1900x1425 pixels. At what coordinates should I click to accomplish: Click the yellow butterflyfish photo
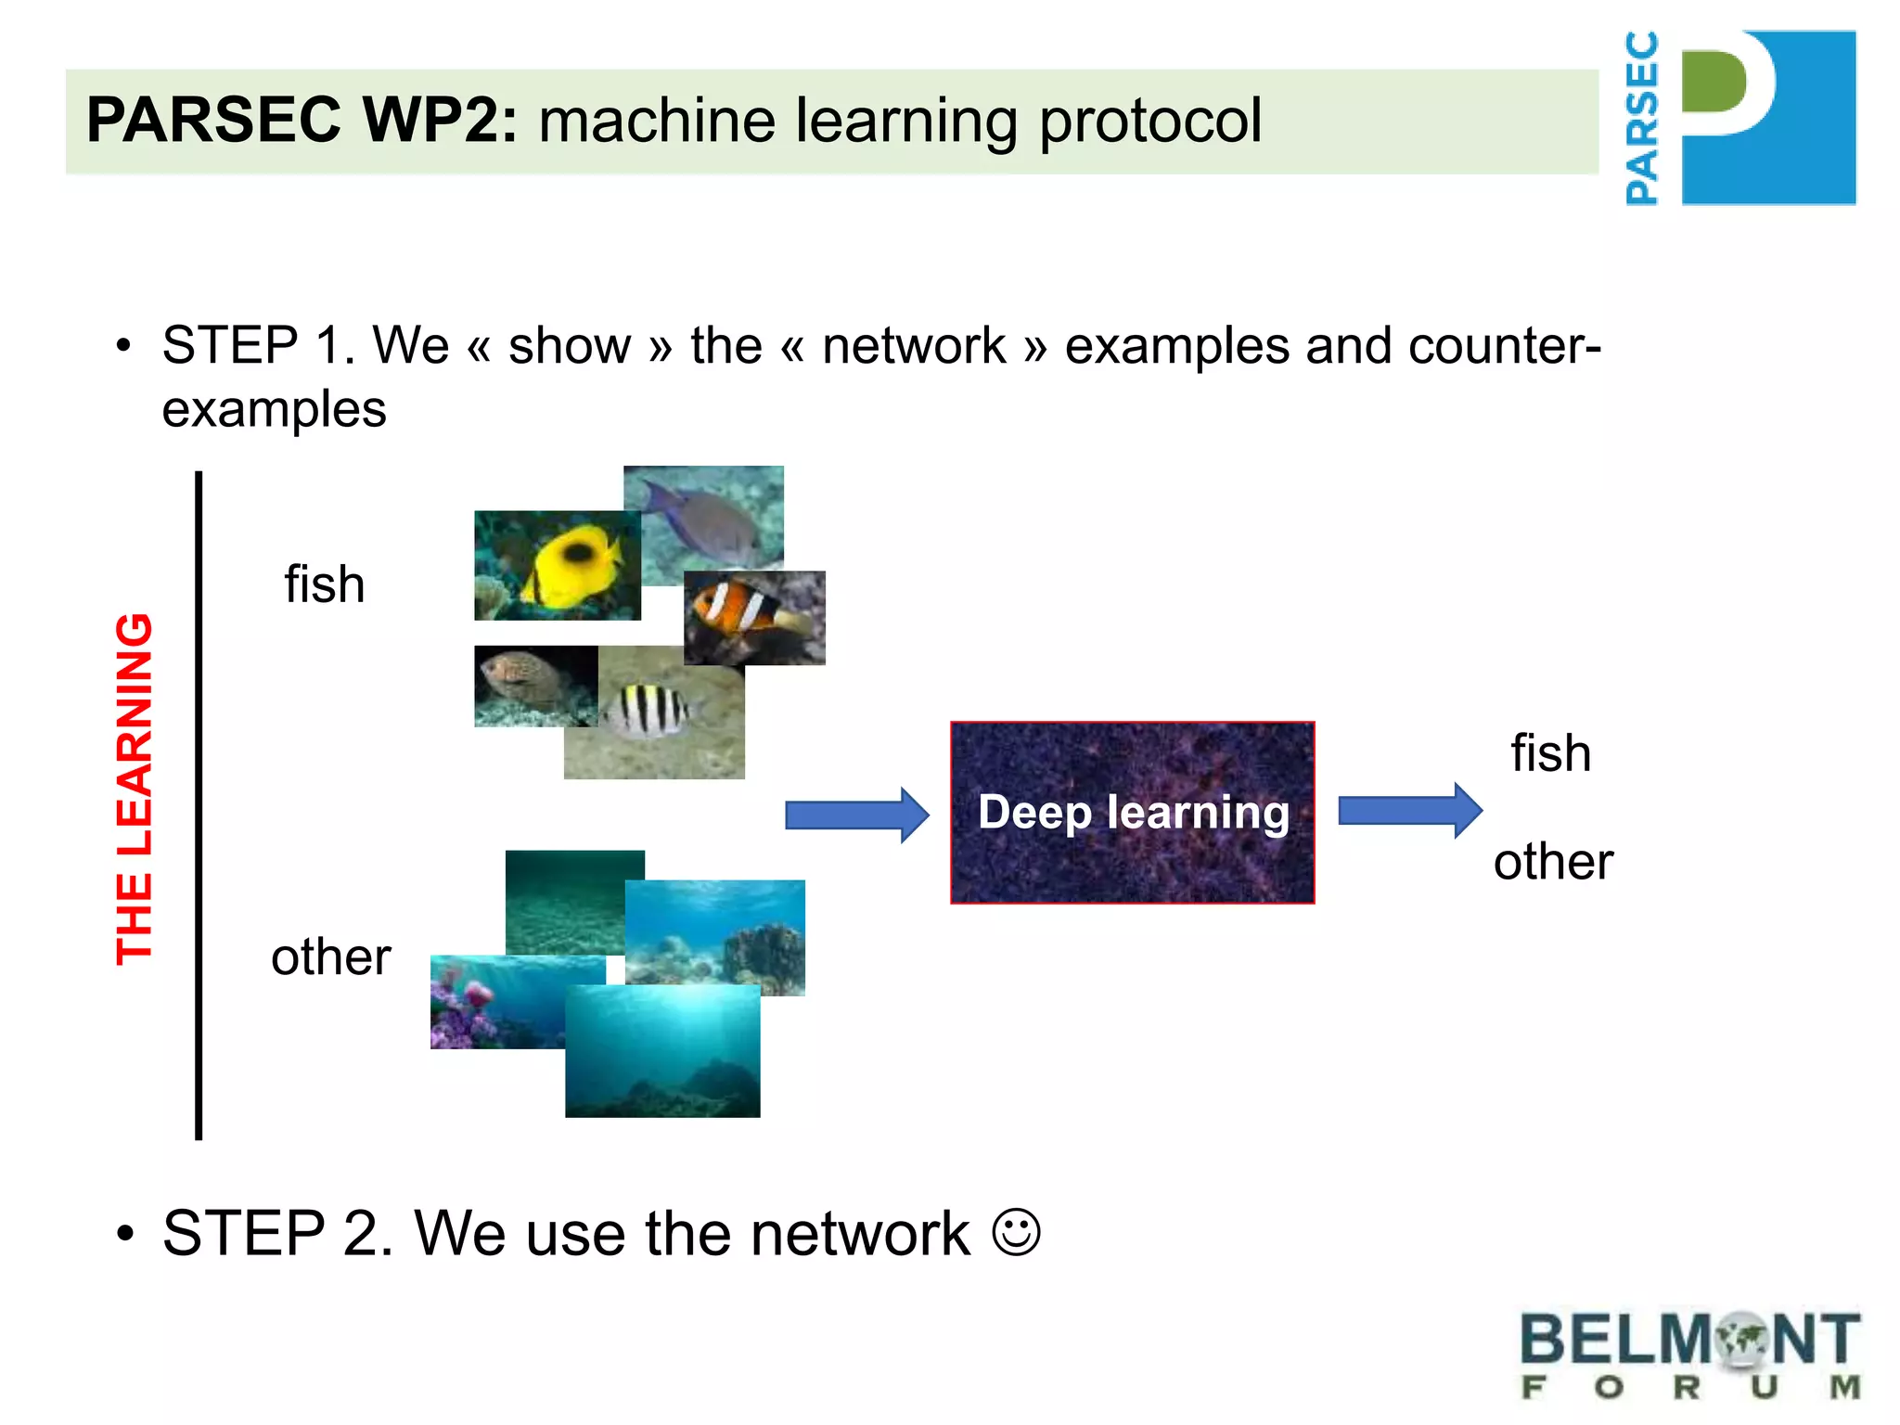(x=557, y=565)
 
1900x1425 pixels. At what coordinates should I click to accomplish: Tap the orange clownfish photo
(x=754, y=617)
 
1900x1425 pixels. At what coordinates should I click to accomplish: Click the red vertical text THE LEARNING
(x=135, y=789)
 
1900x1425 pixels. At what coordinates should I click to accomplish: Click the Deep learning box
(x=1132, y=812)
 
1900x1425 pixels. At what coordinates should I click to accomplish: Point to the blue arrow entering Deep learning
(x=856, y=815)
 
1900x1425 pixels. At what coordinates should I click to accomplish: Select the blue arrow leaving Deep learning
(x=1409, y=811)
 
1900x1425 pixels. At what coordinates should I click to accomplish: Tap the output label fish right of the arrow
(x=1550, y=752)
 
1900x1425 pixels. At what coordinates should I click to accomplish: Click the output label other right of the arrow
(x=1553, y=861)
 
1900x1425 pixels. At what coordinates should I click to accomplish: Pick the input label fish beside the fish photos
(x=325, y=584)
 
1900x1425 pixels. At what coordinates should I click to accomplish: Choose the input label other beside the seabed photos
(x=330, y=956)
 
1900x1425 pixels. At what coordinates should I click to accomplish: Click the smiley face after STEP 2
(x=1016, y=1232)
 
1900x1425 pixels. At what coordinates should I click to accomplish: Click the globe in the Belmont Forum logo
(x=1742, y=1339)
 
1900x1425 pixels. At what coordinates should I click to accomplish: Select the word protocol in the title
(x=1150, y=122)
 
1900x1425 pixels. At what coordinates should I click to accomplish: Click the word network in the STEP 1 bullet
(x=914, y=346)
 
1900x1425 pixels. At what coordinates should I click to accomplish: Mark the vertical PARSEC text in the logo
(x=1642, y=118)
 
